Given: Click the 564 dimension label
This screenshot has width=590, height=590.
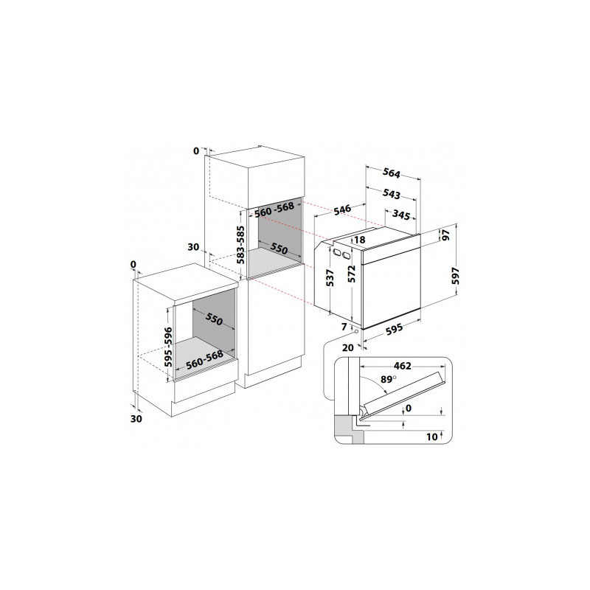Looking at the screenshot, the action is [x=392, y=173].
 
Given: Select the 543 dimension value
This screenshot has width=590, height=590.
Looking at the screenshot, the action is [x=392, y=194].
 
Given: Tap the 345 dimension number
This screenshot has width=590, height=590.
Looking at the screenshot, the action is [x=400, y=215].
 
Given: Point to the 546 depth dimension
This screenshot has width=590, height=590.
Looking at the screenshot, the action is [x=342, y=209].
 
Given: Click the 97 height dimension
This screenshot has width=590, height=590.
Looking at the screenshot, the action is [x=446, y=235].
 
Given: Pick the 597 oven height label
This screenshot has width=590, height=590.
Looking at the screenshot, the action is [x=455, y=276].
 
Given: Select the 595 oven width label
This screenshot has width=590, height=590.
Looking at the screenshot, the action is [x=395, y=328].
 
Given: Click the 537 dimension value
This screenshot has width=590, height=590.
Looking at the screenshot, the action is [x=330, y=278].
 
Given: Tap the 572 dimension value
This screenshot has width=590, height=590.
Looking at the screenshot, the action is [x=352, y=274].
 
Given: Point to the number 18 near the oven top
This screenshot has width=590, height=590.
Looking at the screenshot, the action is [x=360, y=240].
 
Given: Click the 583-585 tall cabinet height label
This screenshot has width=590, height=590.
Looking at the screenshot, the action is [x=240, y=245].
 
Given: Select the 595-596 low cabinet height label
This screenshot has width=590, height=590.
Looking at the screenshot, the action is [x=169, y=347].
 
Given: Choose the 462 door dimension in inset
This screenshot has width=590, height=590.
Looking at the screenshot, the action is [x=402, y=366].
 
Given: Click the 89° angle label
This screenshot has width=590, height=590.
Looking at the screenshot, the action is [x=389, y=379].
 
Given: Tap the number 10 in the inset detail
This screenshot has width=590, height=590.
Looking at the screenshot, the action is [x=432, y=437].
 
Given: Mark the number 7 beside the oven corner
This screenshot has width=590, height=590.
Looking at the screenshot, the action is [x=344, y=327].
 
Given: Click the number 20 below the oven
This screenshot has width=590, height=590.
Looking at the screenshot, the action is [x=347, y=347].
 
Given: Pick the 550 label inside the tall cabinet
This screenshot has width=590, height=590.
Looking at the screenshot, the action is [x=280, y=249].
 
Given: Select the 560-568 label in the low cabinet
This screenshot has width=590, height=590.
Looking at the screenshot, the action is [x=205, y=360].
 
